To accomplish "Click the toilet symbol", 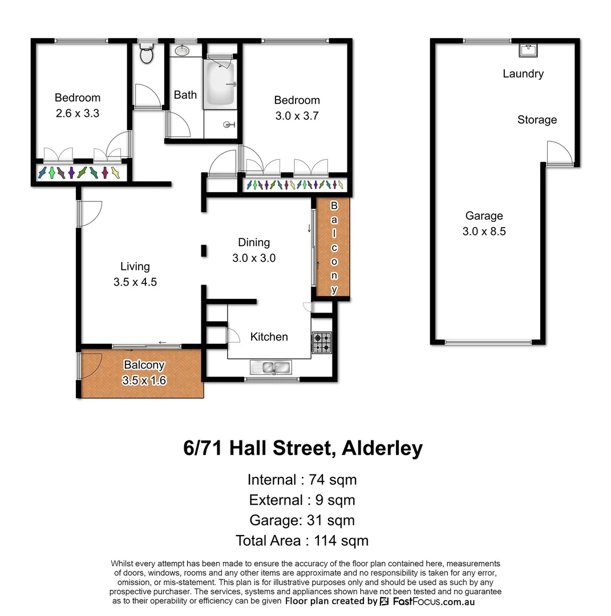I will pos(147,55).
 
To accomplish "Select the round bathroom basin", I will pos(182,51).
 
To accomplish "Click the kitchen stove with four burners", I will pos(321,342).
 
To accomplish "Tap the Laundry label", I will pos(523,74).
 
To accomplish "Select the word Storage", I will pos(537,120).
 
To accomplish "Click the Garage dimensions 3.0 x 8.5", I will pos(484,231).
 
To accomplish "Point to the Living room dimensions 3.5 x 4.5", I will pos(135,282).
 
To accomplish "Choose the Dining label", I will pos(254,242).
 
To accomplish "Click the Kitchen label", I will pos(269,337).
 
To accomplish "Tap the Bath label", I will pos(185,95).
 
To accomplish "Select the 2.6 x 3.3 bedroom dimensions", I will pos(78,113).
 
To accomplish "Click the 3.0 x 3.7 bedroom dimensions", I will pos(297,116).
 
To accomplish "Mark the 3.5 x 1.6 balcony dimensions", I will pos(144,380).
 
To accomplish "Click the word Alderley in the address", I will pos(382,448).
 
